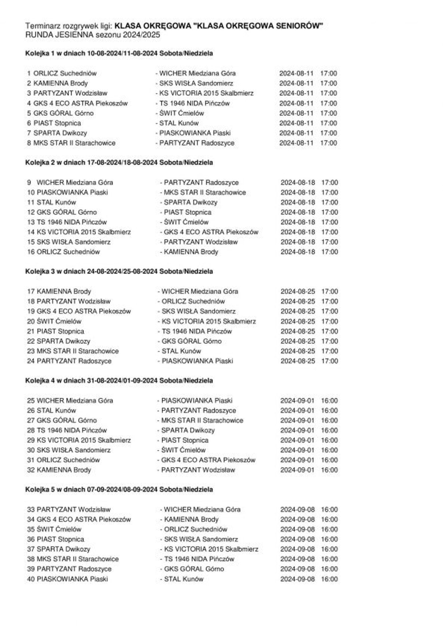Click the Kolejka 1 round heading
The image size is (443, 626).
click(119, 53)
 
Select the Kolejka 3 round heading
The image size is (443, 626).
click(119, 271)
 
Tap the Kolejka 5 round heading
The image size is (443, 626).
click(119, 489)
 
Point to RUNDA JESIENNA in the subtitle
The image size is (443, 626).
click(59, 35)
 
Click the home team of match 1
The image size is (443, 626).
click(65, 73)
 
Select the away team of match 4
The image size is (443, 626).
click(194, 103)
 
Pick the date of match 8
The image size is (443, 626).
click(296, 143)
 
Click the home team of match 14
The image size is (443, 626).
click(84, 232)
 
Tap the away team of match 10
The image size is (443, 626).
click(205, 192)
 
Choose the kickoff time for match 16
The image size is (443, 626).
click(329, 252)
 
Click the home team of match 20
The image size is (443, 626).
click(59, 321)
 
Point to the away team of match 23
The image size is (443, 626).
click(181, 351)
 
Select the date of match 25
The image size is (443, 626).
click(297, 401)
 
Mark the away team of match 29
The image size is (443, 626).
click(185, 440)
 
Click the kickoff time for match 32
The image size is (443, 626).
click(329, 470)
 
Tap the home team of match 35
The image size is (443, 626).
click(59, 529)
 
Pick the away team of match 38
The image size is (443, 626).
click(199, 559)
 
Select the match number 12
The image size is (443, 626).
click(31, 212)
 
